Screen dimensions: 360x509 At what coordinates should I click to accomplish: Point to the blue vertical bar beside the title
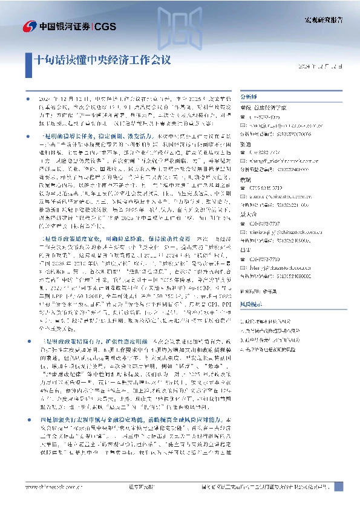pos(30,60)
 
